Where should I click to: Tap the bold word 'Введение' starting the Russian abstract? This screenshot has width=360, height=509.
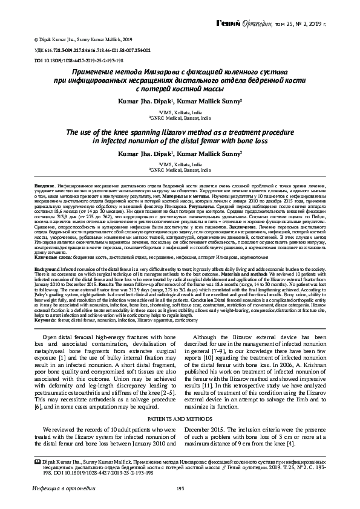[x=44, y=184]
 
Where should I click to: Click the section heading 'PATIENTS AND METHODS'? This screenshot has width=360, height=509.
[x=180, y=418]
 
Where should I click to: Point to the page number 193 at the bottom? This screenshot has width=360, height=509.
[x=180, y=488]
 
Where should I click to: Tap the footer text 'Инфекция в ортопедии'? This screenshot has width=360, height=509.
[x=59, y=488]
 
